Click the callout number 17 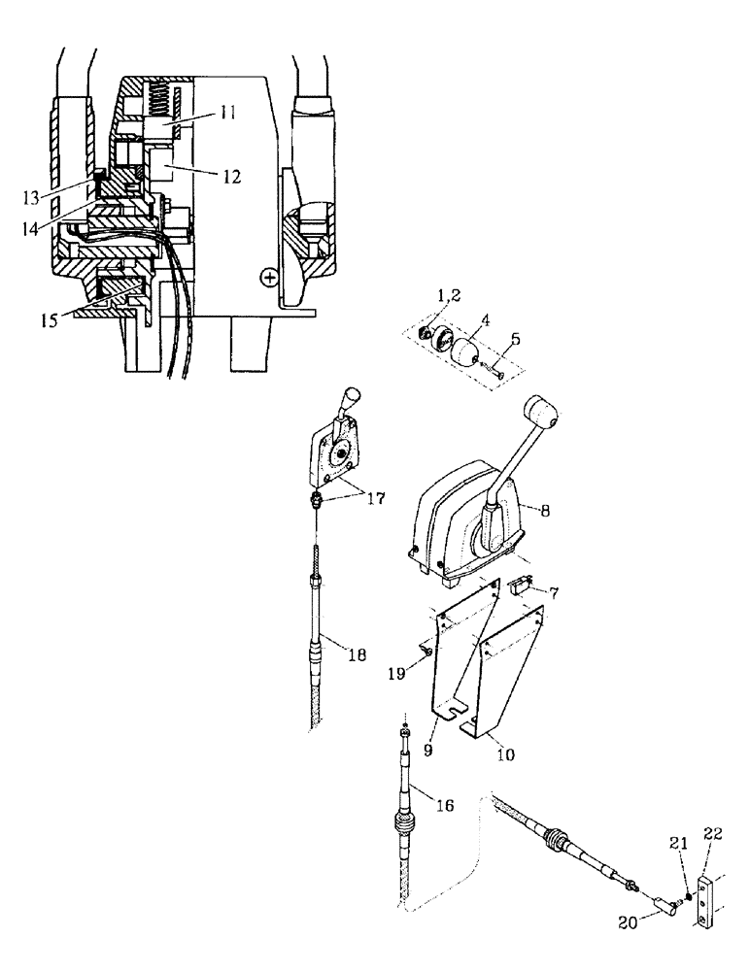pyautogui.click(x=373, y=499)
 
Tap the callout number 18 pyautogui.click(x=358, y=655)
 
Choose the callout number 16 pyautogui.click(x=442, y=804)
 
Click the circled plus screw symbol pyautogui.click(x=269, y=279)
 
